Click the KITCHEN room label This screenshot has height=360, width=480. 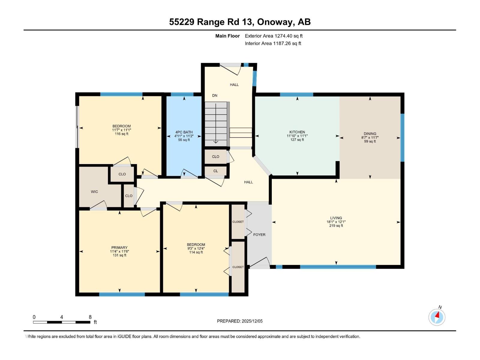(297, 132)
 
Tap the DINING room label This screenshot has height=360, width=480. (370, 134)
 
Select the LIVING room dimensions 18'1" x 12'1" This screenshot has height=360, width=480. (336, 222)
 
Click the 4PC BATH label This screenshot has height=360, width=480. (184, 132)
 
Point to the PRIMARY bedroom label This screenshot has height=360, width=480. (119, 247)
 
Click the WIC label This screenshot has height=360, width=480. (94, 192)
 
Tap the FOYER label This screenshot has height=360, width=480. (259, 235)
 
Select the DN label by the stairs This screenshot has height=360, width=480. (214, 95)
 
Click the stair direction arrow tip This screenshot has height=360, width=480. (216, 142)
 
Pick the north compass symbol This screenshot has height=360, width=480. (437, 317)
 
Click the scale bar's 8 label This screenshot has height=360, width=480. (90, 317)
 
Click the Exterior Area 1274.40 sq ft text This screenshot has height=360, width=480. (274, 36)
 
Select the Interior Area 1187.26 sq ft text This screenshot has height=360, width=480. (273, 43)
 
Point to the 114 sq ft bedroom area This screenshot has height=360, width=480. (196, 252)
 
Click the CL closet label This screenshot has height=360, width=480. (215, 171)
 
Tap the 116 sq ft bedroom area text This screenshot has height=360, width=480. (121, 134)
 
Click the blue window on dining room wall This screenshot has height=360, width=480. (402, 137)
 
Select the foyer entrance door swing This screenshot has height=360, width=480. (260, 263)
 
